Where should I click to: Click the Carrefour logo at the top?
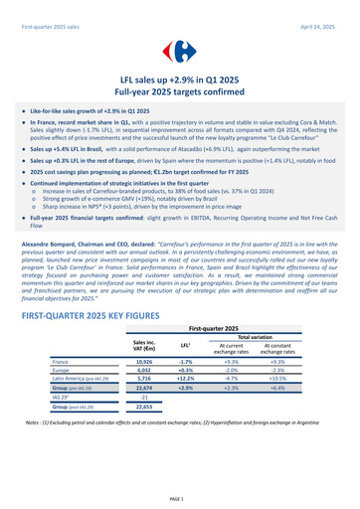point(179,50)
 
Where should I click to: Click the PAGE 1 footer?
point(179,496)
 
